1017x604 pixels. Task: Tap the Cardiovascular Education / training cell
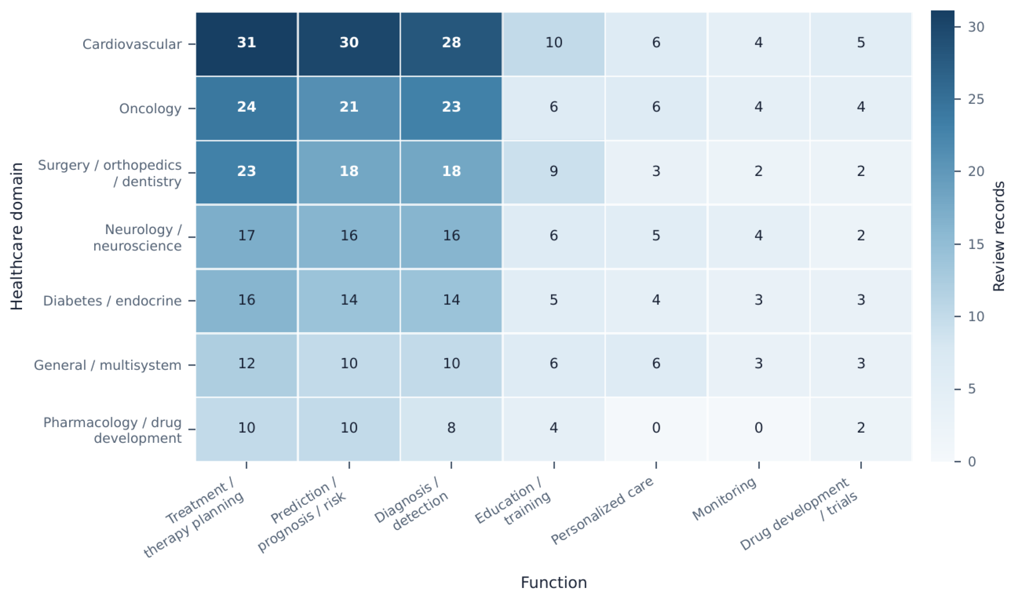click(554, 44)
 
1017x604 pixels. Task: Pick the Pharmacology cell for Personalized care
click(656, 429)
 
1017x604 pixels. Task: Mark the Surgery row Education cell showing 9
click(554, 173)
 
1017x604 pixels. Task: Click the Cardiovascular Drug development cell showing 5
click(861, 44)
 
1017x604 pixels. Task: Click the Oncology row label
click(150, 109)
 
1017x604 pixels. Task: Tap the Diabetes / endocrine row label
click(112, 301)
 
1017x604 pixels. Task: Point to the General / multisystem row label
click(107, 365)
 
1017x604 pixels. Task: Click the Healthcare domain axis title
click(17, 237)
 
